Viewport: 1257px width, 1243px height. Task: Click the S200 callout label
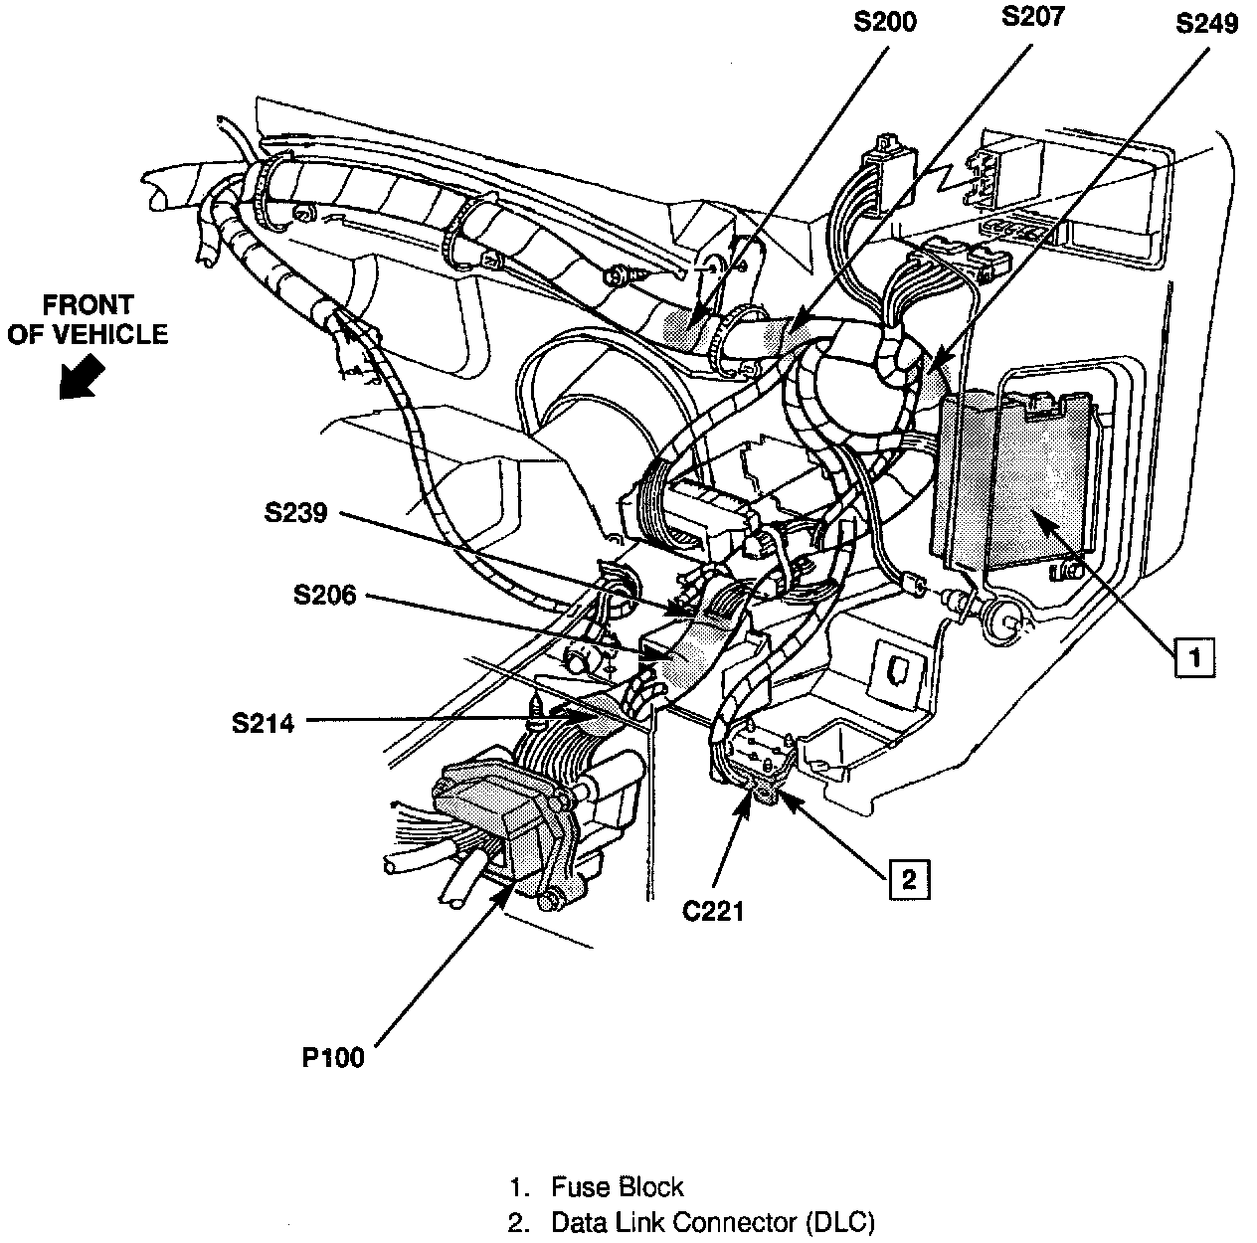tap(885, 21)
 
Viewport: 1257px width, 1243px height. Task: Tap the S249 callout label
tap(1206, 23)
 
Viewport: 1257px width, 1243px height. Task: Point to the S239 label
tap(296, 513)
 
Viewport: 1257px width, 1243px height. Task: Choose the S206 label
tap(325, 596)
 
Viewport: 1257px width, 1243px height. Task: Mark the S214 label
tap(264, 723)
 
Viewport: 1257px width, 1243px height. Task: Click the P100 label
tap(333, 1058)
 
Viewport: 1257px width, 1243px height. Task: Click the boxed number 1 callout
tap(1194, 656)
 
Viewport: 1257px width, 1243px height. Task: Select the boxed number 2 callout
tap(909, 878)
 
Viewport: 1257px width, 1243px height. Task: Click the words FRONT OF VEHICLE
tap(87, 319)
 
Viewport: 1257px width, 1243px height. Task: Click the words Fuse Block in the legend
tap(617, 1186)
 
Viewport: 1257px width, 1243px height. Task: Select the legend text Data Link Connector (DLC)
tap(713, 1222)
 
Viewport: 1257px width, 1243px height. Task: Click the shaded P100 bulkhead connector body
tap(497, 815)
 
